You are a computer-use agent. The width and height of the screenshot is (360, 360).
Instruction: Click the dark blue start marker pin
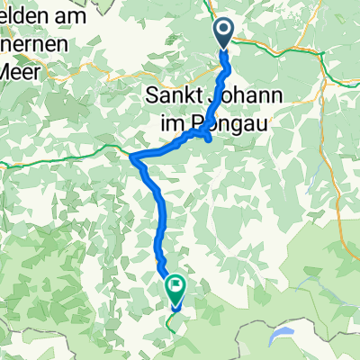tap(224, 32)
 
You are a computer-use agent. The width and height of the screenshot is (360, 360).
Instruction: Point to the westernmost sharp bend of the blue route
tap(133, 157)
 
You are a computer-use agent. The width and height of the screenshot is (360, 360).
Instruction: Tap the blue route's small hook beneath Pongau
tap(209, 138)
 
